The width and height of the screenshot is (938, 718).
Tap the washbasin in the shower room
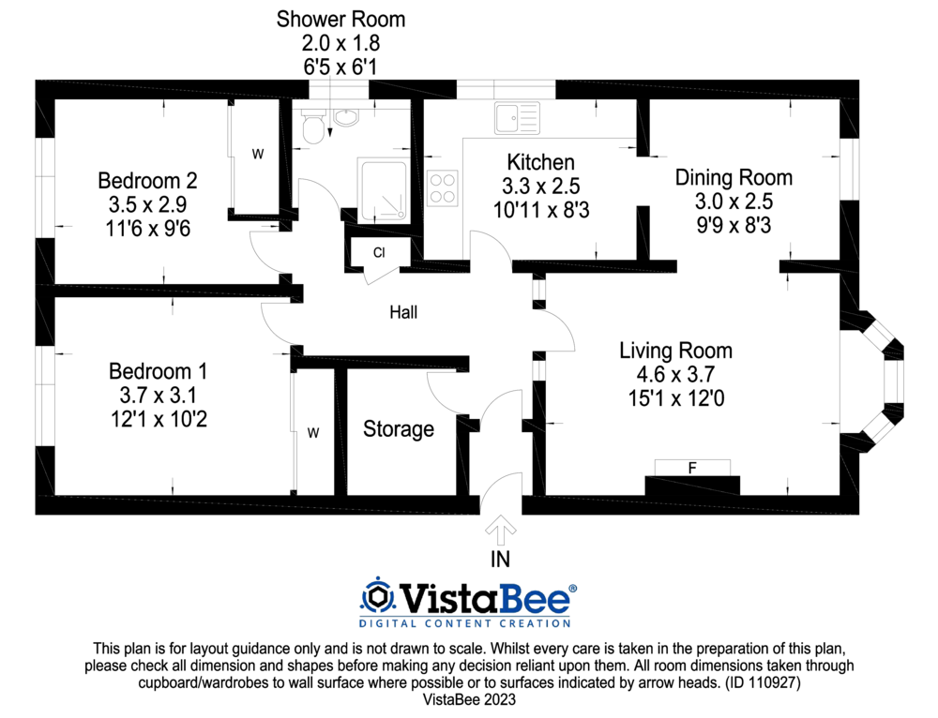coord(347,118)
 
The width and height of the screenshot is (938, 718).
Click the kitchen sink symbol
coord(517,118)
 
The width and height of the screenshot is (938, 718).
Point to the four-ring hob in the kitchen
coord(443,188)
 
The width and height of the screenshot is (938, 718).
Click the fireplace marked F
coord(692,468)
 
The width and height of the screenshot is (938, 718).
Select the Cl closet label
coord(378,253)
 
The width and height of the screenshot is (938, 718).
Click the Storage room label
coord(399,429)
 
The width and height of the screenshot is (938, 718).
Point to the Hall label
coord(403,312)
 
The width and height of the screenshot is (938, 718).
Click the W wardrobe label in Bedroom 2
coord(257,155)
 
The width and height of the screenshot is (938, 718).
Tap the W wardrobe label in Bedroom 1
coord(314,432)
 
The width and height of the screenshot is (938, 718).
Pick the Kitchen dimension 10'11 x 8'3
coord(541,210)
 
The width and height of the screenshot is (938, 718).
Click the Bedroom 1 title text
coord(158,370)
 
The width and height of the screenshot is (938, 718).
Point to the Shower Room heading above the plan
coord(341,19)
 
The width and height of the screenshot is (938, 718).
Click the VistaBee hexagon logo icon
coord(378,595)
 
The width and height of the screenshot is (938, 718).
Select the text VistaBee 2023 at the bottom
coord(469,699)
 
